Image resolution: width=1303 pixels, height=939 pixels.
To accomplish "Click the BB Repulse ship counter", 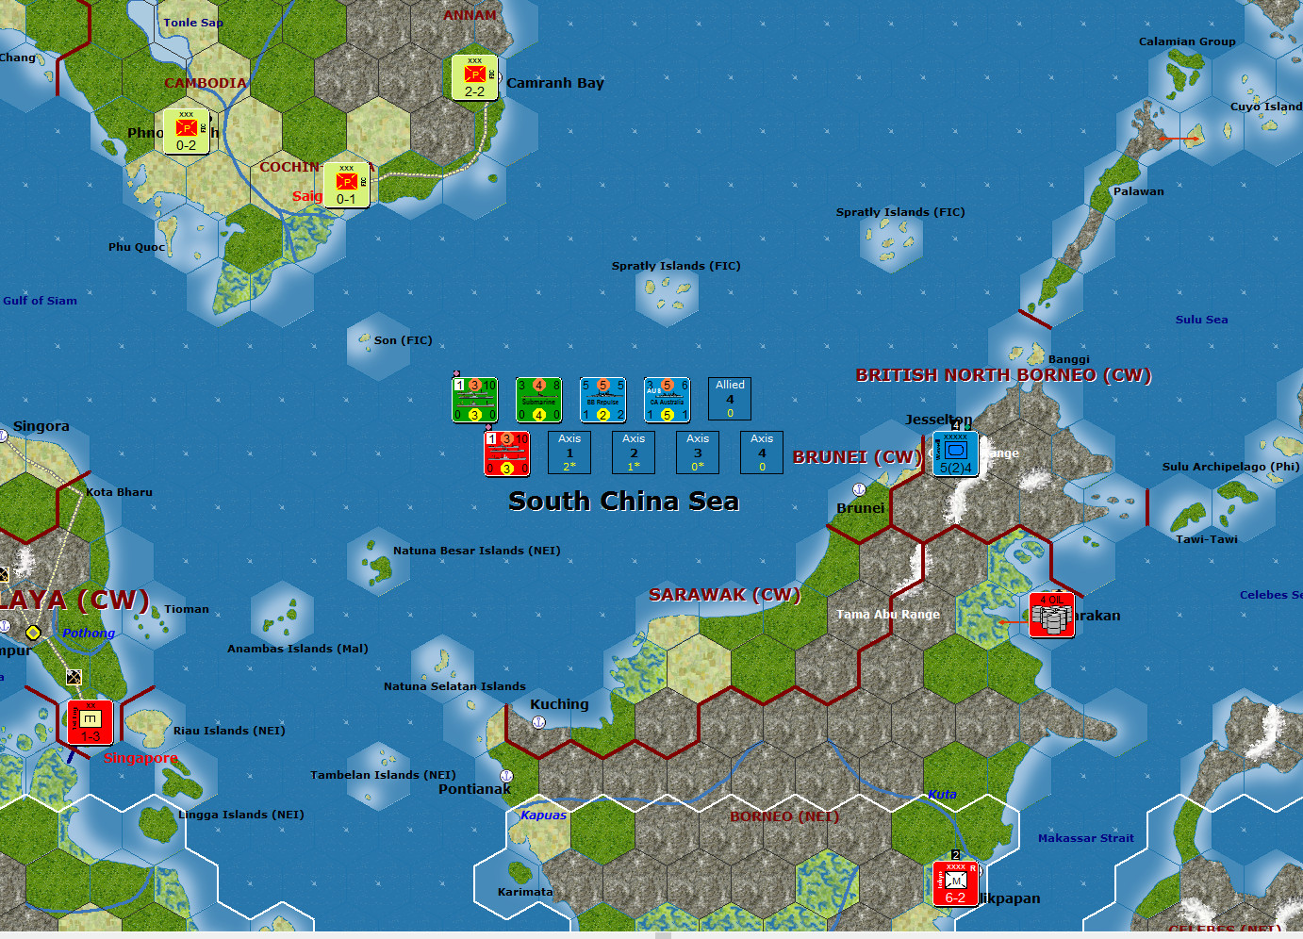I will click(x=602, y=399).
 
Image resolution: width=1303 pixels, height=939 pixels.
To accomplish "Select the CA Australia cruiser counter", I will click(x=667, y=399).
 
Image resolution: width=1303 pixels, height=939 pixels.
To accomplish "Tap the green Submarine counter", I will click(x=538, y=399).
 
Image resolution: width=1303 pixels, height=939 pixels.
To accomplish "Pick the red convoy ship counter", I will click(x=506, y=453).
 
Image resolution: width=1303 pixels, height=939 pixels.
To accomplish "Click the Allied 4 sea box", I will click(x=730, y=399).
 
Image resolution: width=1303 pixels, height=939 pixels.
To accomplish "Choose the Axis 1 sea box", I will click(x=569, y=453).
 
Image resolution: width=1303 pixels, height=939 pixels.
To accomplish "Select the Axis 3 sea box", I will click(x=698, y=453).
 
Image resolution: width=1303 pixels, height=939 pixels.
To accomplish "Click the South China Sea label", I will click(x=623, y=501).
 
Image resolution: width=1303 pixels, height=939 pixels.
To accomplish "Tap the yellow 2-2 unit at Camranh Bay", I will click(x=474, y=77).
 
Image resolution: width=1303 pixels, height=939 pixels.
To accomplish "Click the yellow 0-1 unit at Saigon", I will click(x=346, y=185).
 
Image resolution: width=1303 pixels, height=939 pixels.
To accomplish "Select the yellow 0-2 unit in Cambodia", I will click(x=186, y=131).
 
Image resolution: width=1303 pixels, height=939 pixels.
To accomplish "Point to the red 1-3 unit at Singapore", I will click(x=91, y=722).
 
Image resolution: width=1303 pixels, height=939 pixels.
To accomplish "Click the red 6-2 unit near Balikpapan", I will click(x=955, y=883).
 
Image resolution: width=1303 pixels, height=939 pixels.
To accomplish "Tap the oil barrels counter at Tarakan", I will click(x=1051, y=615).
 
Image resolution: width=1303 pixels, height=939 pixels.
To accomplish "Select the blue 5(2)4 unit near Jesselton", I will click(x=955, y=453).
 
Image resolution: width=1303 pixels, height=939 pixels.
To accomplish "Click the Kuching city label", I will click(x=559, y=704).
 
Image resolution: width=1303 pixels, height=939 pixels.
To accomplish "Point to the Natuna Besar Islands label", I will click(x=476, y=551).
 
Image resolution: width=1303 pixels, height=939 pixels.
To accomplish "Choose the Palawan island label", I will click(x=1138, y=191).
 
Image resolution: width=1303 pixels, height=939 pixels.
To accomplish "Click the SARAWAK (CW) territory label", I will click(x=724, y=595).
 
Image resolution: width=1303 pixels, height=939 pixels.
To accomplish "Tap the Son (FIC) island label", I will click(x=403, y=340).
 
